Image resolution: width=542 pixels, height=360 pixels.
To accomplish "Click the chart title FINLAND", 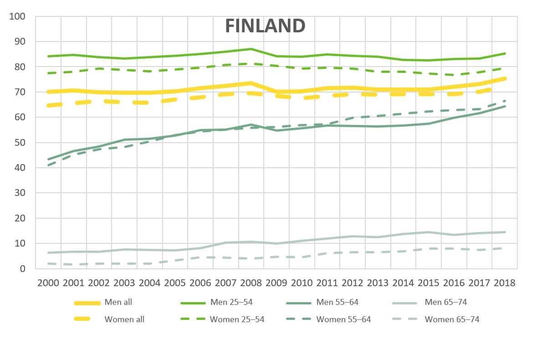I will click(265, 26).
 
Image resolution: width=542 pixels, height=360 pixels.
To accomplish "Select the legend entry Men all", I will click(118, 302).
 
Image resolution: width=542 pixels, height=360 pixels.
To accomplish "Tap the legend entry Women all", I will click(124, 319).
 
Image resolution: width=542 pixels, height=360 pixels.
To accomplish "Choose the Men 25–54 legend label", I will click(231, 302).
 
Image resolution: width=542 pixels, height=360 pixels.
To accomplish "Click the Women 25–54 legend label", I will click(237, 319).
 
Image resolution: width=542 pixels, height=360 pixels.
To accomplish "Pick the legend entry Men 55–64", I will click(337, 302).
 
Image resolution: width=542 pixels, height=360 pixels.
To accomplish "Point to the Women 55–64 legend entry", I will click(343, 319).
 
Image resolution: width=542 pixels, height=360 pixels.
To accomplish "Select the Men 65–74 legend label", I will click(445, 302).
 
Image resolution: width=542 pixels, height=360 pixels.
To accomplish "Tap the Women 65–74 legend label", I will click(452, 319).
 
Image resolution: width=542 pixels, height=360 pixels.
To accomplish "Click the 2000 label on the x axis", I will click(48, 283).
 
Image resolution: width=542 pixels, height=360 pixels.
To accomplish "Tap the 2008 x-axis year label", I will click(251, 283).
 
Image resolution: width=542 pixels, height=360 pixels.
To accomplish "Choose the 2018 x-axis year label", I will click(504, 283).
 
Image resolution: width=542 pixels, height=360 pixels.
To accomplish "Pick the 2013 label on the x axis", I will click(378, 283).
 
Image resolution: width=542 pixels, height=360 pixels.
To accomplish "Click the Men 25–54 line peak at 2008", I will click(251, 49).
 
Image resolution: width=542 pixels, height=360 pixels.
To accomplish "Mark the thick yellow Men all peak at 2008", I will click(251, 83).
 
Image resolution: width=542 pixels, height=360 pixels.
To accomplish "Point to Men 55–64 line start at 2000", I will click(48, 159).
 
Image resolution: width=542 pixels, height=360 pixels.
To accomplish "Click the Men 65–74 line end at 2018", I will click(505, 232).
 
